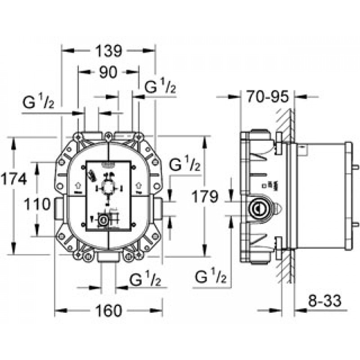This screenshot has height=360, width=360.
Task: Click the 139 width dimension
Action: (108, 51)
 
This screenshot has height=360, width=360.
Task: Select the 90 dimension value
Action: (108, 72)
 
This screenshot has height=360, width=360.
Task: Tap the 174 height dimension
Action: (14, 179)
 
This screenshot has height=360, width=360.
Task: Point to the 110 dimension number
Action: (37, 204)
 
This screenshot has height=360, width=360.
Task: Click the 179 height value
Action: (205, 196)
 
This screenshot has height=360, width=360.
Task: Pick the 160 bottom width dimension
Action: (108, 310)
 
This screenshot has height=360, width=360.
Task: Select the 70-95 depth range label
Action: (267, 96)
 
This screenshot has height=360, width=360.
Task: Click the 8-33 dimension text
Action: (324, 301)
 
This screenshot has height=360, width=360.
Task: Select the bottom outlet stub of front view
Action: (108, 257)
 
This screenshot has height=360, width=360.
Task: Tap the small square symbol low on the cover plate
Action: (103, 220)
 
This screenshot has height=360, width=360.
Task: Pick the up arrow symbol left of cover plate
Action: (78, 184)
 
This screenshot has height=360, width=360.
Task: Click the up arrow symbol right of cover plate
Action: (139, 184)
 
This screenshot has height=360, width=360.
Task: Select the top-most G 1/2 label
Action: (160, 85)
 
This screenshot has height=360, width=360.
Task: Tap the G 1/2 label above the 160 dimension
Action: (145, 279)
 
